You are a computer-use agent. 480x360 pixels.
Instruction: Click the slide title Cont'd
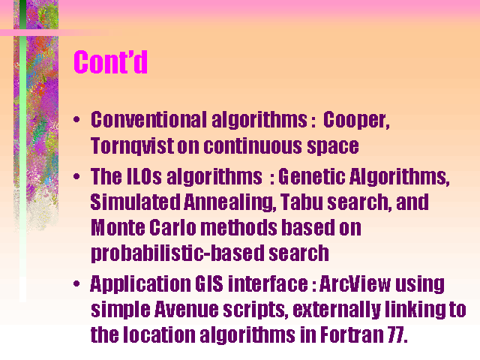tap(110, 61)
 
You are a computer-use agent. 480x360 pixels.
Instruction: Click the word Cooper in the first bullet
tap(356, 120)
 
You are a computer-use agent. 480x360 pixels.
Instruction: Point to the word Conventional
tap(148, 119)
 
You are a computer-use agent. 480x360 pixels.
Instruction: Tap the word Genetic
tap(312, 177)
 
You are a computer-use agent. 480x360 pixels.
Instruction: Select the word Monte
tap(118, 228)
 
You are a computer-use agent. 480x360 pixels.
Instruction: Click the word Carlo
tap(173, 228)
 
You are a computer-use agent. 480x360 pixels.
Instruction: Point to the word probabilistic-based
tap(178, 253)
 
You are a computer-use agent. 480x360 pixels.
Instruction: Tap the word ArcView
tap(355, 283)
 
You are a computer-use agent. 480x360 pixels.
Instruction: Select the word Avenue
tap(186, 310)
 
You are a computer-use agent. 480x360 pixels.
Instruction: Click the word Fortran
tap(352, 335)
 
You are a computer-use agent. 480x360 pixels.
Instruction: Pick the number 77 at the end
tap(396, 335)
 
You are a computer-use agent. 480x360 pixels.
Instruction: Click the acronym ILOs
tap(144, 177)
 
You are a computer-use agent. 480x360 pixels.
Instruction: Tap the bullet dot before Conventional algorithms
tap(76, 119)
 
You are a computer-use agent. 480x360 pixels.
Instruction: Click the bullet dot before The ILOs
tap(76, 176)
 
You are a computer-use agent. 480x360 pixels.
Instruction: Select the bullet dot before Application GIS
tap(76, 283)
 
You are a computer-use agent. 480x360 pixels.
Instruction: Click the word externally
tap(337, 310)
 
